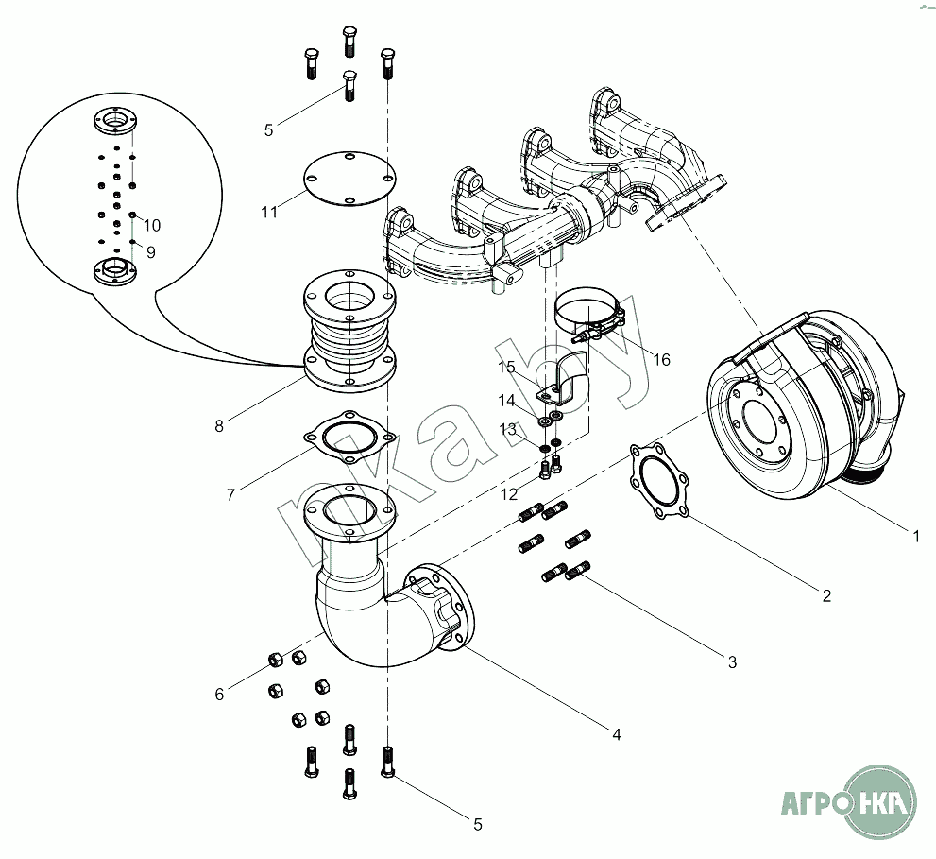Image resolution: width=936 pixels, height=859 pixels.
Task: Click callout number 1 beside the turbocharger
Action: pos(915,536)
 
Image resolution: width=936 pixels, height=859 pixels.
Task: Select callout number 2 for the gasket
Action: pos(826,595)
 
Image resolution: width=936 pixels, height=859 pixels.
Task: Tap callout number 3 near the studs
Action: pos(732,662)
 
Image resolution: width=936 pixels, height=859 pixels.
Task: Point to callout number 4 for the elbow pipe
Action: pos(616,733)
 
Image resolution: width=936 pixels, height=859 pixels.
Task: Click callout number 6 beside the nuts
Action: pos(219,695)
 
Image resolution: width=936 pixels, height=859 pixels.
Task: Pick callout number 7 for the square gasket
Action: pos(230,494)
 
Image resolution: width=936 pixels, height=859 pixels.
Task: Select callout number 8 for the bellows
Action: pos(219,425)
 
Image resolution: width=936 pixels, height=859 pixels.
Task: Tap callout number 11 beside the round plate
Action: pos(270,213)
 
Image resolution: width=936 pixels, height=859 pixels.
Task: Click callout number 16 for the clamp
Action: pos(661,360)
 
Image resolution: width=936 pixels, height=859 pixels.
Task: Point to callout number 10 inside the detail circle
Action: pos(152,226)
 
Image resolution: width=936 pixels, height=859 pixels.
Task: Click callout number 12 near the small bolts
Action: pos(510,495)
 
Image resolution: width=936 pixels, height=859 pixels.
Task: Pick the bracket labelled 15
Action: pos(564,378)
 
